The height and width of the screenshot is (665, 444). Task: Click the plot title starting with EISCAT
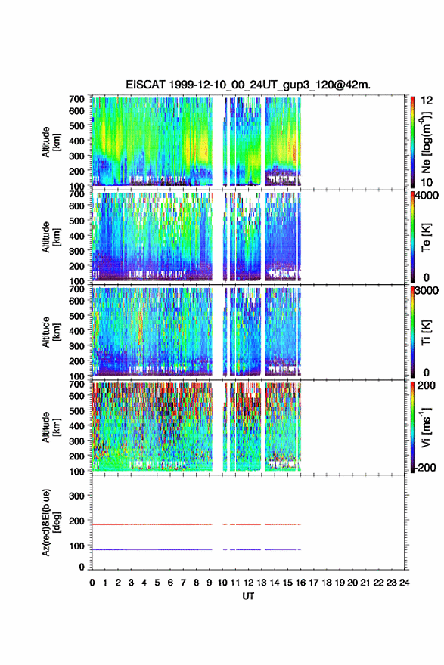(x=248, y=85)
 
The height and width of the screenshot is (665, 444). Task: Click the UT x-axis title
(x=248, y=596)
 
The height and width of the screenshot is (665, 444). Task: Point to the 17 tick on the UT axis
(x=313, y=583)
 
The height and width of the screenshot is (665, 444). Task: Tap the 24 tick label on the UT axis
(x=404, y=583)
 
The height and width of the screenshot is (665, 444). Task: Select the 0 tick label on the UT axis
(x=92, y=583)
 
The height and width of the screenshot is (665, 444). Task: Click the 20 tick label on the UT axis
(x=352, y=583)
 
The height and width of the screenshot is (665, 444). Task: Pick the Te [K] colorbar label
(x=426, y=237)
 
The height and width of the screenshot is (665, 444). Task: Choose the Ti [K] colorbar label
(x=426, y=332)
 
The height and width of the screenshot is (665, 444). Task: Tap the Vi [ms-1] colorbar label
(x=426, y=427)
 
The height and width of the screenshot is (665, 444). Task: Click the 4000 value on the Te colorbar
(x=427, y=196)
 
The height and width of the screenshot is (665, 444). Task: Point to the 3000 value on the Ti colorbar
(x=427, y=290)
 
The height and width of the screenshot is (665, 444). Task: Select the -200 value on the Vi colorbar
(x=425, y=467)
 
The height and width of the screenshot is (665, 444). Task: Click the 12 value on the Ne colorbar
(x=427, y=101)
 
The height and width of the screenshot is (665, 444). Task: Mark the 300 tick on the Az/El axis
(x=77, y=496)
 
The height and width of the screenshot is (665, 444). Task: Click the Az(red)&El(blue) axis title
(x=51, y=522)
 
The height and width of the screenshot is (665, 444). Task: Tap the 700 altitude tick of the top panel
(x=77, y=99)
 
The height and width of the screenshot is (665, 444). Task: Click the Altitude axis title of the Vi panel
(x=51, y=427)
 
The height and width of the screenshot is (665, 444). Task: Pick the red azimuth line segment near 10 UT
(x=225, y=524)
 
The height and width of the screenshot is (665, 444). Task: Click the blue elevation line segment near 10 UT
(x=225, y=549)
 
